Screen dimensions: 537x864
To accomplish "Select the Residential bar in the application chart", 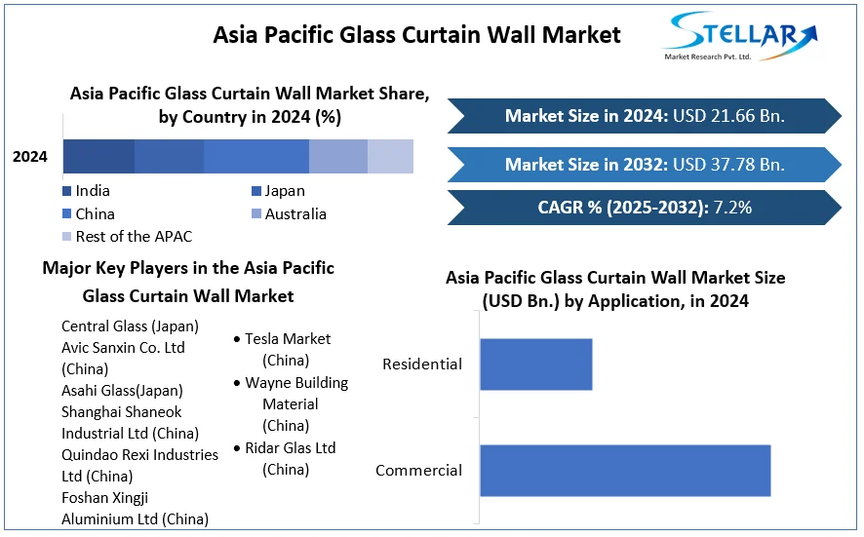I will (x=535, y=364).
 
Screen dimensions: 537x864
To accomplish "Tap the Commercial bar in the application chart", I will (x=625, y=471).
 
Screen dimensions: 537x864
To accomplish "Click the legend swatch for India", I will (x=66, y=191).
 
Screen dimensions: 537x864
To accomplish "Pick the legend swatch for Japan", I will (x=255, y=191).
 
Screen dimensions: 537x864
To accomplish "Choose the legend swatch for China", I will (x=66, y=214).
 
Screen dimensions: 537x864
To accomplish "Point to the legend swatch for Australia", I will (x=255, y=214).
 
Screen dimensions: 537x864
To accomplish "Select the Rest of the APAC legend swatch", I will (x=66, y=237).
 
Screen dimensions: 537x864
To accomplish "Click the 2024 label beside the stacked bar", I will (x=30, y=157).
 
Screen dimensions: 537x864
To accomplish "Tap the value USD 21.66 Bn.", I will (x=728, y=116).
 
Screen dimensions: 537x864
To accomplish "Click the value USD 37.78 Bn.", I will (x=728, y=164).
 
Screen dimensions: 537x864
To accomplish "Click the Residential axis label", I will (x=422, y=364).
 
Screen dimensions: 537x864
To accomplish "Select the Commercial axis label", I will (x=418, y=471).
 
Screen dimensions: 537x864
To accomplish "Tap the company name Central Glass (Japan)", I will (x=130, y=326).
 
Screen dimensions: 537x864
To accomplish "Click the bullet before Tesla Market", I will (x=237, y=340).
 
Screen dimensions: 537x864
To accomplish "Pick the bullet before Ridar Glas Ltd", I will (x=237, y=449).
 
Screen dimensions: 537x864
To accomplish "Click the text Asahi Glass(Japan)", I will (x=122, y=391).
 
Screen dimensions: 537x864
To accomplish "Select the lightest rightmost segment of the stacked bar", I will (x=390, y=157).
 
